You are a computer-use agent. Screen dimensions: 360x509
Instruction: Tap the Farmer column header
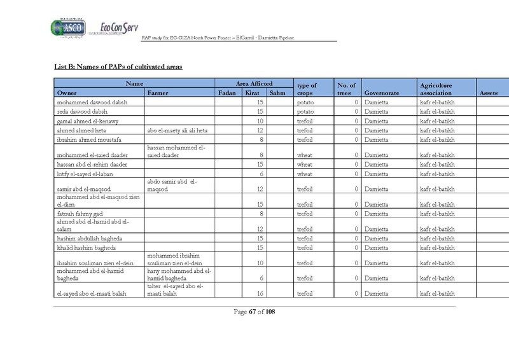point(158,93)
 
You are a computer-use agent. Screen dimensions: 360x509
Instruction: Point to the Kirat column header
point(253,93)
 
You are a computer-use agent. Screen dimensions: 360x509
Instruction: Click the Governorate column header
point(380,93)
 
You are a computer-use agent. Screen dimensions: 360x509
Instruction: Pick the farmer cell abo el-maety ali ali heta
point(178,130)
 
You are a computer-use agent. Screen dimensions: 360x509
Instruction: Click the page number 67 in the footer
point(253,312)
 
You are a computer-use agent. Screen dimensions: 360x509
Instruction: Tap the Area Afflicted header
point(253,83)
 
